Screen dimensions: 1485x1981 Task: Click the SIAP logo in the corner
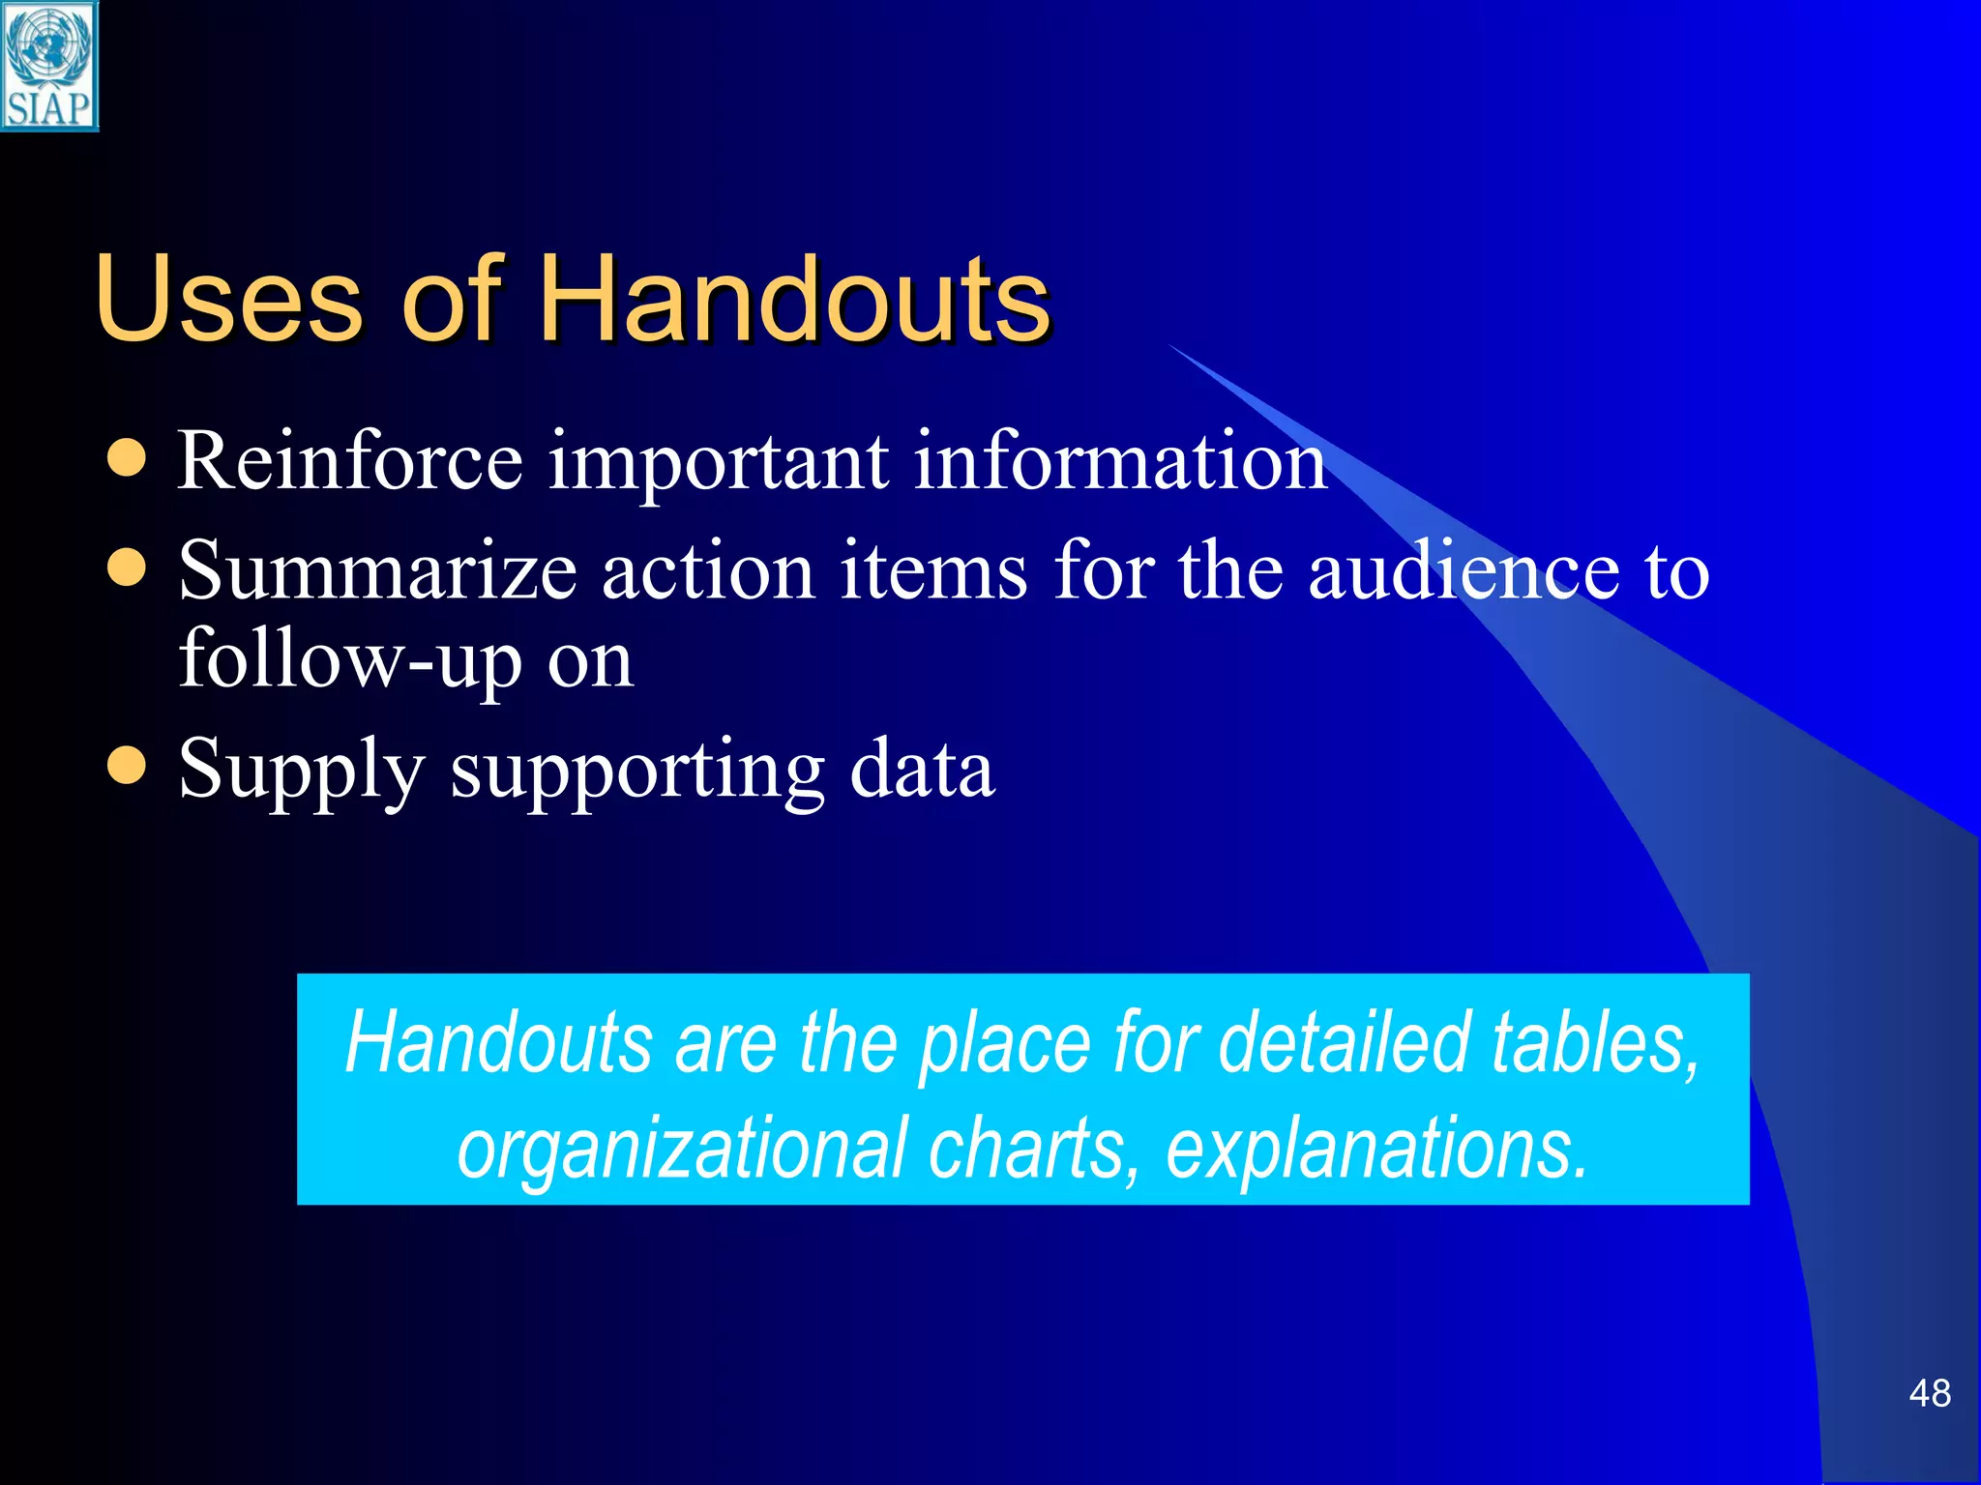(x=48, y=66)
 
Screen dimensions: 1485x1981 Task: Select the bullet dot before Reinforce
(x=127, y=459)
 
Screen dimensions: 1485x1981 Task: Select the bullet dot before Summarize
(x=127, y=568)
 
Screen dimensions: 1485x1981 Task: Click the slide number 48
(x=1929, y=1394)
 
